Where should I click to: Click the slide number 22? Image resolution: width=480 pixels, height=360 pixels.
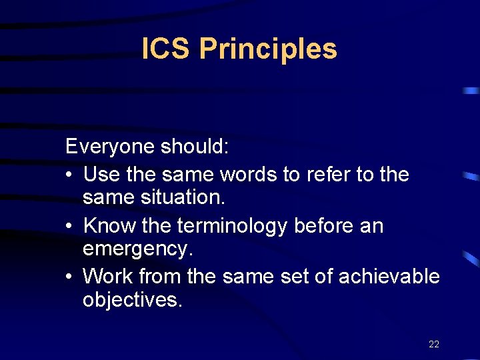(x=434, y=344)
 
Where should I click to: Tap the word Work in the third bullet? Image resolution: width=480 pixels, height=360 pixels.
(x=107, y=276)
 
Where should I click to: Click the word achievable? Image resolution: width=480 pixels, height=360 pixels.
(x=389, y=276)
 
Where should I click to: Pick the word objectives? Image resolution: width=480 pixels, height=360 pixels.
(x=131, y=300)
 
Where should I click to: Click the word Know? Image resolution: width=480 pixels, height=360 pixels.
(x=109, y=225)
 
